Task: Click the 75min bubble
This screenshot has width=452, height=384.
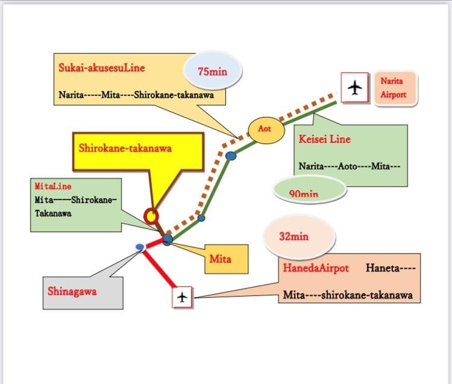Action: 213,71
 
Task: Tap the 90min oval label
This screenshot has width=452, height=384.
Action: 310,190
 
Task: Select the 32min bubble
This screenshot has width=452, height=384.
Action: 300,237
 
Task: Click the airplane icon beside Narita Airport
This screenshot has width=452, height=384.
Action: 354,87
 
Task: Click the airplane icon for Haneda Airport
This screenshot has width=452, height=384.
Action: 182,297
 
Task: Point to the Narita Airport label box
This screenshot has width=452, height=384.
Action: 395,88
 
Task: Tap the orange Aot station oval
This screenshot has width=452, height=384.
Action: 266,130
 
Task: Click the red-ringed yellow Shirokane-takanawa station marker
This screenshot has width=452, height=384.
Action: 151,216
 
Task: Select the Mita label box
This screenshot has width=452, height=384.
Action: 226,259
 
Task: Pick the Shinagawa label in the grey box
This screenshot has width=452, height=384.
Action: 72,291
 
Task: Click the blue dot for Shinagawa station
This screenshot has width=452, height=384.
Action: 140,247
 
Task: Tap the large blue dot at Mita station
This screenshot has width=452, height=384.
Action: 167,239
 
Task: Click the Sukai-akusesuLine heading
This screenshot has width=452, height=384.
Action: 101,68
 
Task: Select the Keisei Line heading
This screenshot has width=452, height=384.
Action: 325,139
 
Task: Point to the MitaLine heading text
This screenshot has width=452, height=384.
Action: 53,186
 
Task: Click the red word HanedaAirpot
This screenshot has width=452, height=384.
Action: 316,268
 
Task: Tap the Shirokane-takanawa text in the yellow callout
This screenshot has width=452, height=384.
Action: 125,148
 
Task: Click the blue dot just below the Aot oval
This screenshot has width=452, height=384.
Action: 231,156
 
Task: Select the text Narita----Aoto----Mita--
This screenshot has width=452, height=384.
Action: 350,166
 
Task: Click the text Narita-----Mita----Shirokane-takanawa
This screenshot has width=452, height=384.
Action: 136,95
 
